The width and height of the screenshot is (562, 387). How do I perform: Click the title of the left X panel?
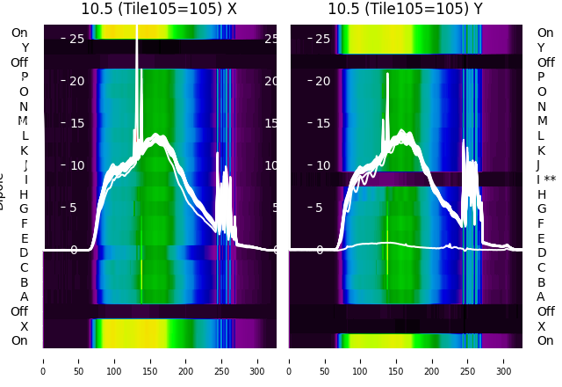pos(159,9)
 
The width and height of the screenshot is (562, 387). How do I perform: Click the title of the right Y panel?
pos(407,9)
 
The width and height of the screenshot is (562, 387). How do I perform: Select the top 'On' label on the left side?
pos(19,33)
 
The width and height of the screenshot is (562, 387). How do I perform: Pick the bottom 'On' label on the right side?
pos(545,340)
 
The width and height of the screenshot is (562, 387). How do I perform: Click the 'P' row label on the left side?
pos(24,77)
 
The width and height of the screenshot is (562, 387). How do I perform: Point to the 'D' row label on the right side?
pos(542,252)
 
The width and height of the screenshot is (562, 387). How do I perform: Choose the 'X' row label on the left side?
pos(24,326)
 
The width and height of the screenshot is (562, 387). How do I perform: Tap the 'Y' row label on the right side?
pos(542,47)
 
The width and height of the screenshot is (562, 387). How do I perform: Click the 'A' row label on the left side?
pos(24,296)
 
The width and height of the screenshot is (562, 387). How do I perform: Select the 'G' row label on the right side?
pos(542,208)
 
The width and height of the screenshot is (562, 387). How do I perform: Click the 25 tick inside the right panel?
pos(321,39)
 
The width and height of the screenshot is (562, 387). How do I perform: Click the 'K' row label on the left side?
pos(24,150)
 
